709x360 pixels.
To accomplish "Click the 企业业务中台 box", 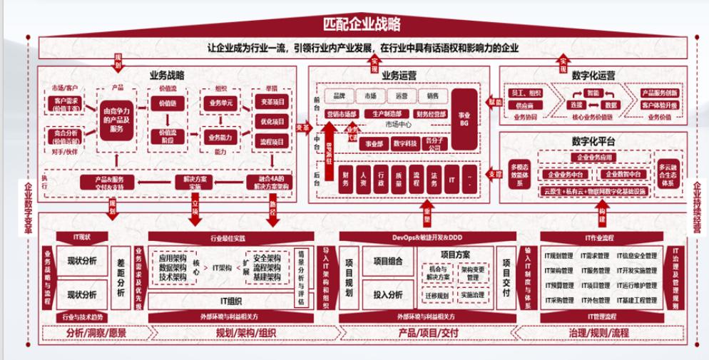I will point(564,174).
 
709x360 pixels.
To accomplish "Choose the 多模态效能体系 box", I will point(519,176).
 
